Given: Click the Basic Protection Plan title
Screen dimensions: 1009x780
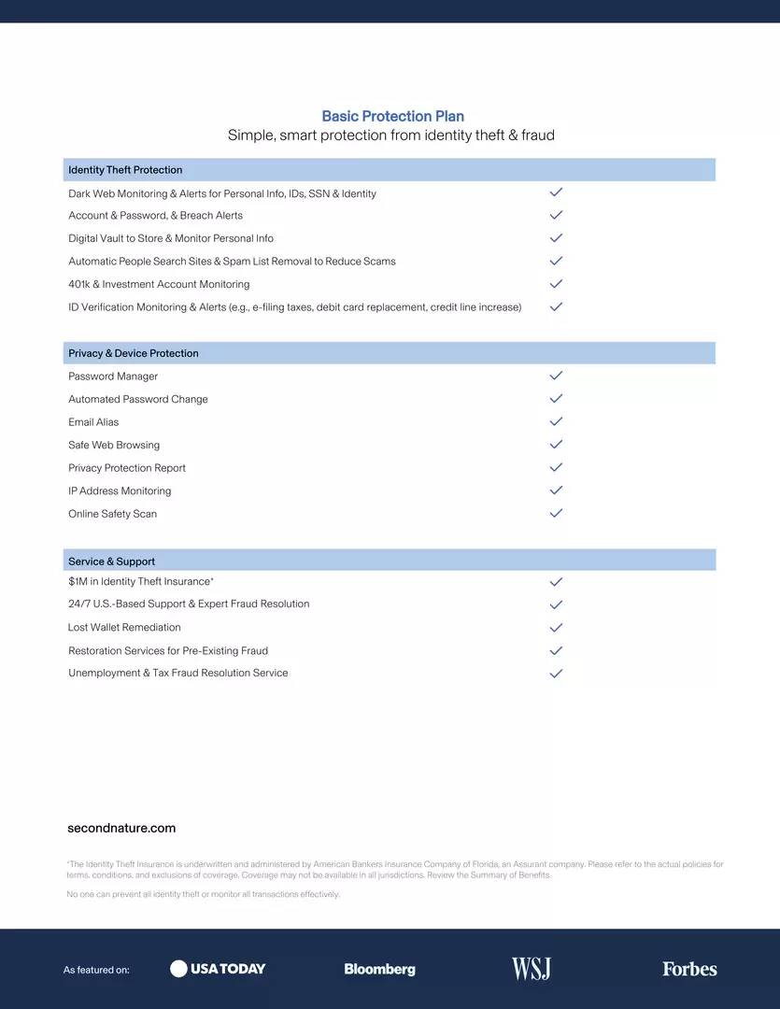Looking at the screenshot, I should (392, 116).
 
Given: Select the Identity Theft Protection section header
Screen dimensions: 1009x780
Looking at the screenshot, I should (125, 170).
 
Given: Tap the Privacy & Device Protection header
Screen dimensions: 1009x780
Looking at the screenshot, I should (134, 353).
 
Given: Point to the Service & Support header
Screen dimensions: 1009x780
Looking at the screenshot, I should (111, 561).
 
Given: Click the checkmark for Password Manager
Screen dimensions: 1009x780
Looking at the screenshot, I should (556, 376).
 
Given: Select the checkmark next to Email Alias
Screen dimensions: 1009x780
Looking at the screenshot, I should (556, 421).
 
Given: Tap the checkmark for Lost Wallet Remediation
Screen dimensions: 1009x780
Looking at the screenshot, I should (556, 628).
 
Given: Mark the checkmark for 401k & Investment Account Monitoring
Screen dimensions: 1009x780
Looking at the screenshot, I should (556, 284).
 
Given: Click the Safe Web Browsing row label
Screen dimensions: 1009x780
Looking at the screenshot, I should (114, 445).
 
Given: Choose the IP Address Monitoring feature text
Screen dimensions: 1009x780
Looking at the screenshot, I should (120, 490).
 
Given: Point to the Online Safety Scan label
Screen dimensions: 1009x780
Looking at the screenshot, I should (112, 514).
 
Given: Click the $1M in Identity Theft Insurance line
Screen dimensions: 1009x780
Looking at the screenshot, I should (140, 581).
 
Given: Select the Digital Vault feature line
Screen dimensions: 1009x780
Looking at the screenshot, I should (171, 238).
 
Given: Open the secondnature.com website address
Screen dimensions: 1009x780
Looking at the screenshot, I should (121, 828).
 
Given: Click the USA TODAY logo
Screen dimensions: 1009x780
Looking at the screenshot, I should (218, 969).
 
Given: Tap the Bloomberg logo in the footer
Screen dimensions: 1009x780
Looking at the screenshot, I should (379, 969).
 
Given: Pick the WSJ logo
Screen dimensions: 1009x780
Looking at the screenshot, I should (531, 969).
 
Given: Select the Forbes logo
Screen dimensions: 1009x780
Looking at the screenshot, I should (689, 969).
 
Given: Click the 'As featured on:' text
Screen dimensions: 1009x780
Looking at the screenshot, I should (96, 970).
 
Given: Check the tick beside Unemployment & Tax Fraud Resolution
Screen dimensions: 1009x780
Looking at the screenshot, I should (556, 673).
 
